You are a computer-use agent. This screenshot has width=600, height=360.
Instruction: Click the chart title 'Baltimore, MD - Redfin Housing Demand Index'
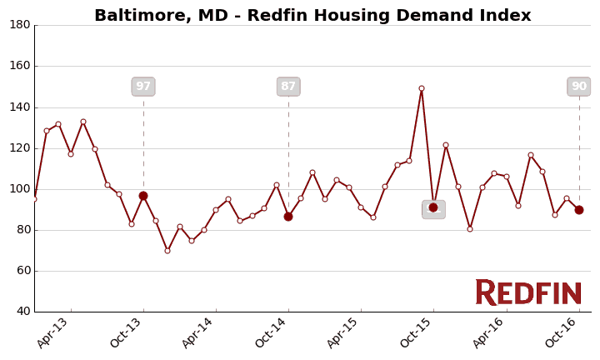tap(312, 16)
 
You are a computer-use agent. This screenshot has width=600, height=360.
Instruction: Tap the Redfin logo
tap(528, 292)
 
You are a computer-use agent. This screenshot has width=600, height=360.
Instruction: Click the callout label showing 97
tap(143, 87)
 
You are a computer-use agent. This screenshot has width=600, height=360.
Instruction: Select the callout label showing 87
tap(288, 87)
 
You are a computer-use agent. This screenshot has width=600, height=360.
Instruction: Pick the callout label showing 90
tap(578, 87)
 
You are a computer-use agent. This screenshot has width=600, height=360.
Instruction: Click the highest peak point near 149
tap(422, 88)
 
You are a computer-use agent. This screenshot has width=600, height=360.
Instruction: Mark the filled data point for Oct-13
tap(143, 196)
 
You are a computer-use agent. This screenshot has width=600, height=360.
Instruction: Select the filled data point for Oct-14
tap(288, 217)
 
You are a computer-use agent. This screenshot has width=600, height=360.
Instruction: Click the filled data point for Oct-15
tap(433, 207)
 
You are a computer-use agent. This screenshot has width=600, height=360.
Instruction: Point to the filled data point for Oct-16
tap(579, 210)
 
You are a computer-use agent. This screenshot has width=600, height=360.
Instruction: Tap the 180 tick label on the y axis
tap(20, 25)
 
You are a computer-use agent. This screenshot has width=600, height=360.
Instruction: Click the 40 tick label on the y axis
tap(23, 312)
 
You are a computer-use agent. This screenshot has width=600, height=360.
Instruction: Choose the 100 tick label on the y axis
tap(20, 189)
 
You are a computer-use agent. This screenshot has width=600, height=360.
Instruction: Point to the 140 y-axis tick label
tap(20, 107)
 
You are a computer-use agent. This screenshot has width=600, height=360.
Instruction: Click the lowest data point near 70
tap(167, 251)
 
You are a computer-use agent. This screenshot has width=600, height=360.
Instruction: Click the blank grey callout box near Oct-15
tap(433, 209)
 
